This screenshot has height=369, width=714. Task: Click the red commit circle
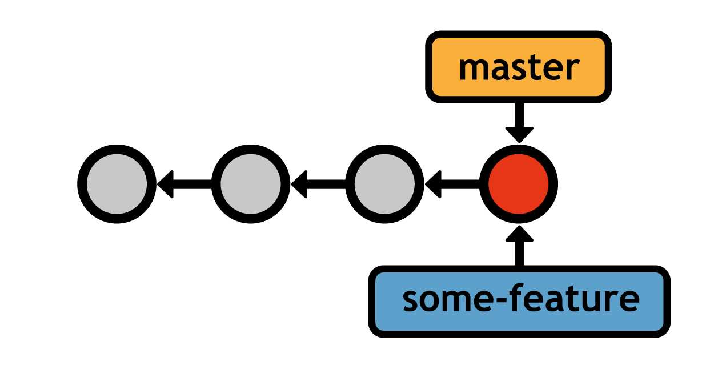[518, 184]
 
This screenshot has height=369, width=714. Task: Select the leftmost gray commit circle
[117, 184]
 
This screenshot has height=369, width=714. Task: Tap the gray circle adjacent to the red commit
[384, 184]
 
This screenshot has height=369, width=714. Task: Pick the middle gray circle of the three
[250, 184]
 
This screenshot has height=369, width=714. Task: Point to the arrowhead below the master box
[519, 134]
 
